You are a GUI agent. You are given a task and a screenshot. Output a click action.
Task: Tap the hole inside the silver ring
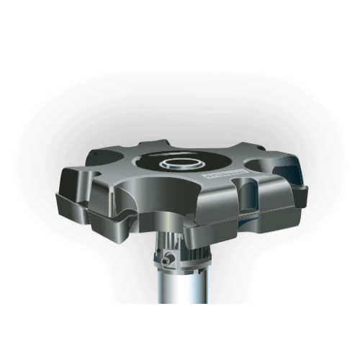(x=186, y=160)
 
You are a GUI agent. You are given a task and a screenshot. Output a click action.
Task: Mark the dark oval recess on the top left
(x=105, y=158)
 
